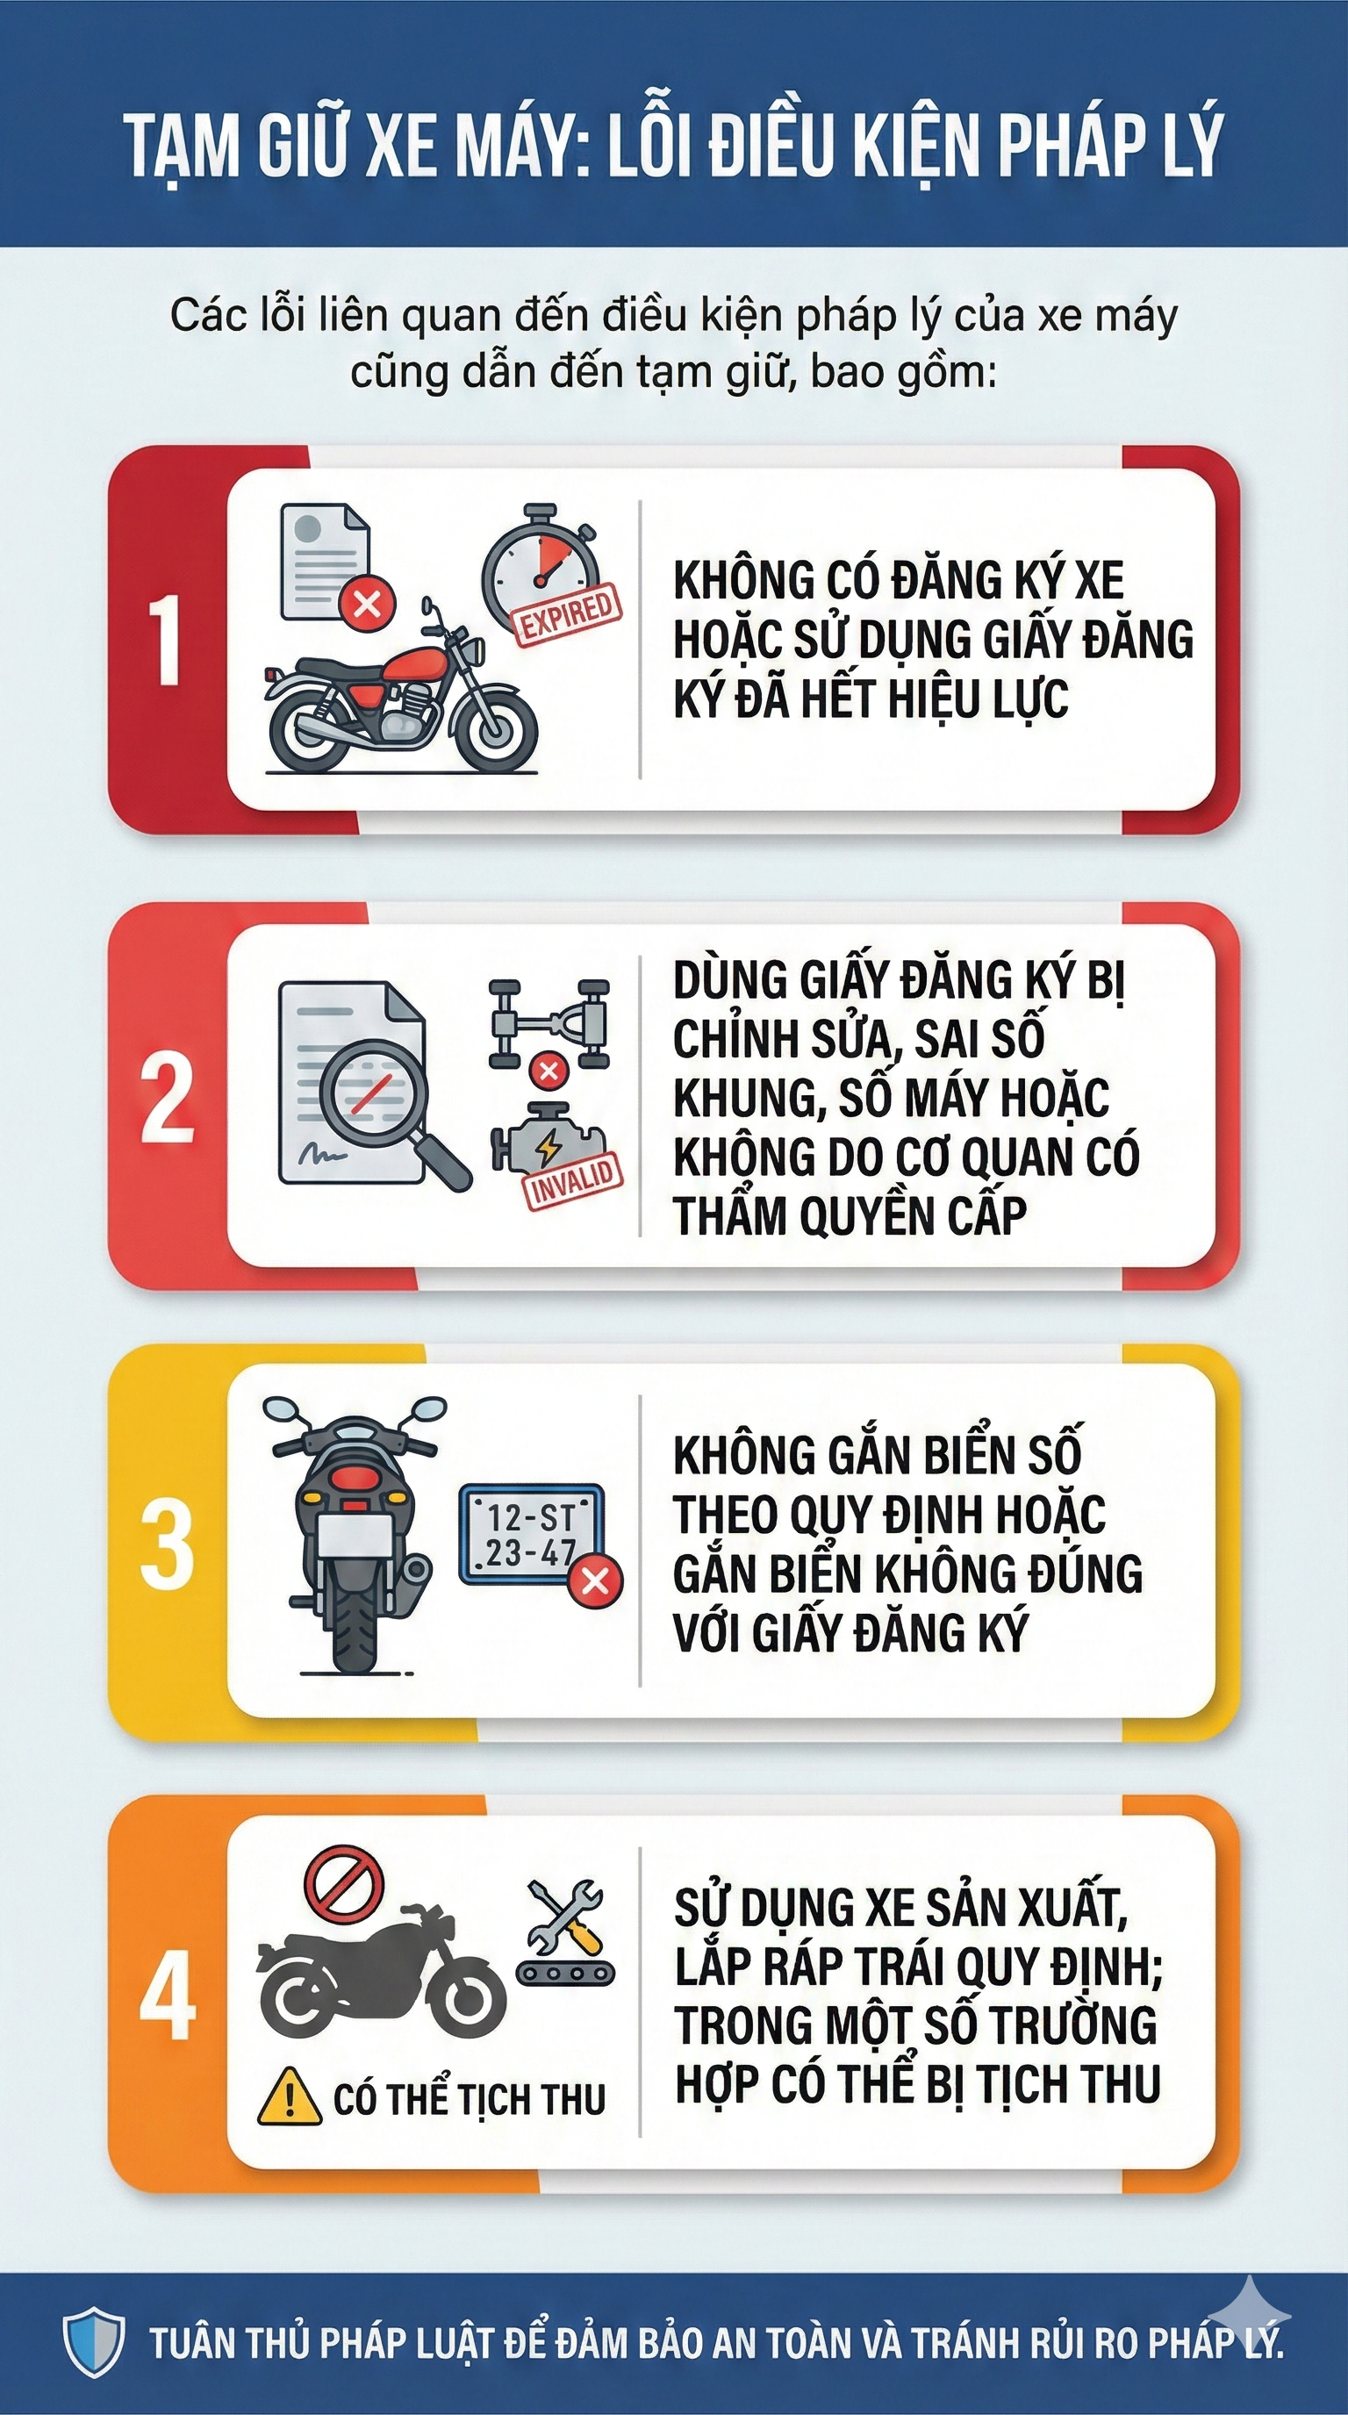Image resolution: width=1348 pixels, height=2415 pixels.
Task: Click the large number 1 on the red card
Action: click(167, 641)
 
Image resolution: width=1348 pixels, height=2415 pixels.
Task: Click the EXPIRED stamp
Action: click(567, 615)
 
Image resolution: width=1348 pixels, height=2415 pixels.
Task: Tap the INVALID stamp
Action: click(573, 1179)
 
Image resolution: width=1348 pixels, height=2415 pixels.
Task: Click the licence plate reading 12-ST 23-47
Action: click(531, 1535)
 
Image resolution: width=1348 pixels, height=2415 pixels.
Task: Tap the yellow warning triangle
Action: click(290, 2096)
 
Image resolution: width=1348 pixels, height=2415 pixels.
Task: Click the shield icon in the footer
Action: click(94, 2342)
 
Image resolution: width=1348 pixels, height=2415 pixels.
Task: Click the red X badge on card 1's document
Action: click(367, 603)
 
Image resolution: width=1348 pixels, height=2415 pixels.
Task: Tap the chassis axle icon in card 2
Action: click(549, 1021)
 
